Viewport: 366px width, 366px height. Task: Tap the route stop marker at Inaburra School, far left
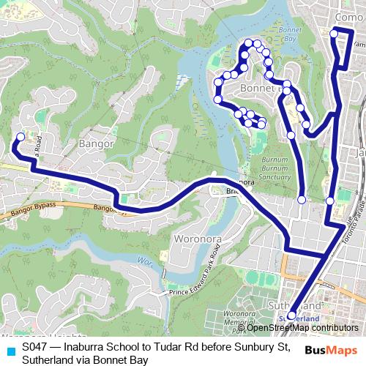[x=20, y=137]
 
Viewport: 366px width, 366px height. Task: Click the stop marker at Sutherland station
[x=291, y=316]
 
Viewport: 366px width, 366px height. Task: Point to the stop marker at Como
[x=335, y=32]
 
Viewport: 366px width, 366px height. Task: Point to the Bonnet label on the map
[x=256, y=89]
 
